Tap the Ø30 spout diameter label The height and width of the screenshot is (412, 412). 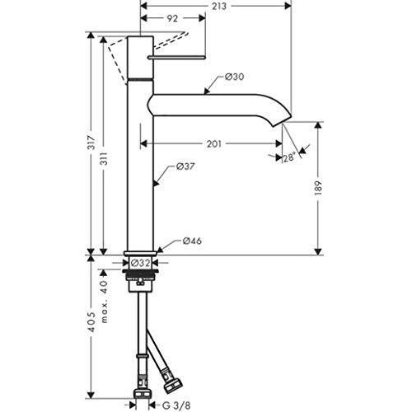pyautogui.click(x=235, y=77)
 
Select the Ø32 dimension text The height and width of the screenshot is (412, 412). pyautogui.click(x=140, y=264)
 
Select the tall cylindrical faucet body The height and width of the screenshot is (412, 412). pyautogui.click(x=143, y=165)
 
